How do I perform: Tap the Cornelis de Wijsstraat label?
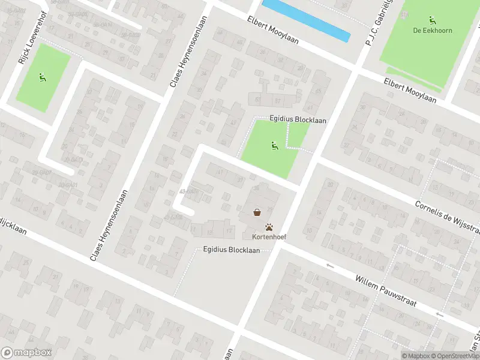click(446, 218)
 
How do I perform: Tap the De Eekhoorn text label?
click(432, 30)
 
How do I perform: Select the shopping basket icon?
click(257, 212)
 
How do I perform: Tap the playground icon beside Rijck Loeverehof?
click(41, 76)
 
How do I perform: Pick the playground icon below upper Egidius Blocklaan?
click(274, 145)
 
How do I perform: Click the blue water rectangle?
click(306, 20)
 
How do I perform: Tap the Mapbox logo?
click(26, 353)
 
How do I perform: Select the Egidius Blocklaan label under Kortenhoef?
click(231, 250)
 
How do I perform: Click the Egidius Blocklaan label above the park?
click(298, 120)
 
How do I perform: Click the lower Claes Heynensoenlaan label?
click(109, 226)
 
